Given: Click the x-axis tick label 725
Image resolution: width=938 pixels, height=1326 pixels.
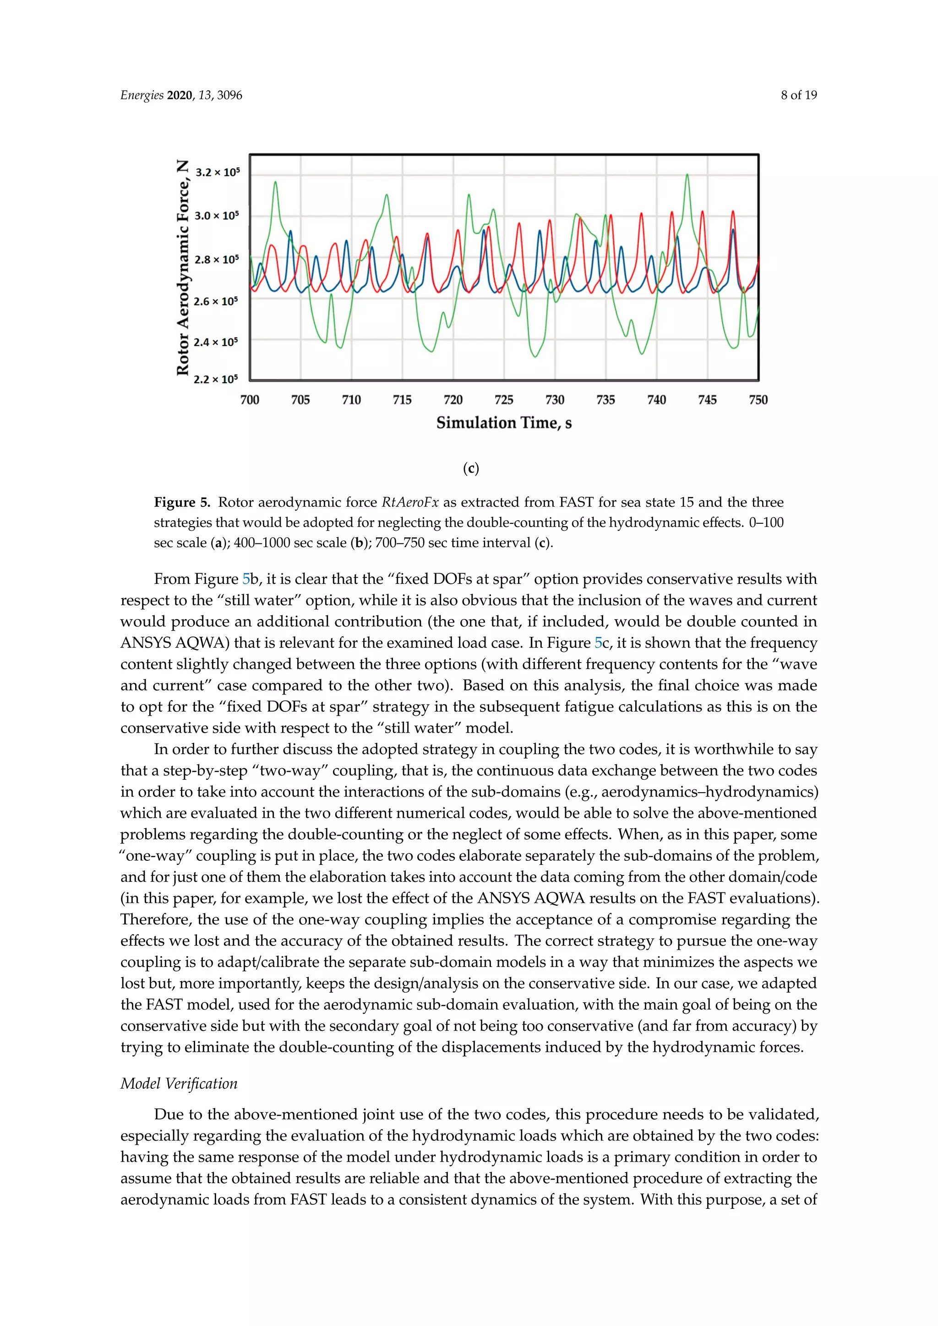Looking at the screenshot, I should [504, 400].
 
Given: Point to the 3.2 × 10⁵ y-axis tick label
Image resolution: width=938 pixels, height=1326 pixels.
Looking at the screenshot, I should [217, 172].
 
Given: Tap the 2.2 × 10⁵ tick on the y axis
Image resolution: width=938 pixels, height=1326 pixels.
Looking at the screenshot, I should [215, 380].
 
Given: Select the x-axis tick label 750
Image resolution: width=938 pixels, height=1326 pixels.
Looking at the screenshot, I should [758, 400].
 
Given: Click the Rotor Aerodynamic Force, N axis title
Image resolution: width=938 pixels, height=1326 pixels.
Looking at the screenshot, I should [183, 268].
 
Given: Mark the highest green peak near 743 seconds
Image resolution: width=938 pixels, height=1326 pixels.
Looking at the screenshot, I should [687, 174].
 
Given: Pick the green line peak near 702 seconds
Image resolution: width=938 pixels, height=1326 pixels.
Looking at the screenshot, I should [276, 183].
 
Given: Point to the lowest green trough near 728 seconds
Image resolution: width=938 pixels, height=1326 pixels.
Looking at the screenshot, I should [535, 356].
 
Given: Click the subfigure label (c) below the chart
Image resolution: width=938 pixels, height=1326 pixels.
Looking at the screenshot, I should [471, 468].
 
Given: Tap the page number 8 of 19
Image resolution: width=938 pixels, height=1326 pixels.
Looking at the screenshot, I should [798, 95].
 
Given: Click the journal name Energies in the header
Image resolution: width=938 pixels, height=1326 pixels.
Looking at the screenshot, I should [142, 95].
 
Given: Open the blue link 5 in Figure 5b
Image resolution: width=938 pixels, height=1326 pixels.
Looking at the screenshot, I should [246, 579].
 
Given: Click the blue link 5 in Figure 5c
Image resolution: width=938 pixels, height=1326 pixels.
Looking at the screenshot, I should [598, 643].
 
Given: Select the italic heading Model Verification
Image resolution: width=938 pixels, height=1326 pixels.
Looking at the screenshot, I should [179, 1083].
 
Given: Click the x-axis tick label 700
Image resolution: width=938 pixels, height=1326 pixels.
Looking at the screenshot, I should [250, 400].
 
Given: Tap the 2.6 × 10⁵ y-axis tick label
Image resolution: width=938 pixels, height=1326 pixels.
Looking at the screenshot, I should [215, 301].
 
